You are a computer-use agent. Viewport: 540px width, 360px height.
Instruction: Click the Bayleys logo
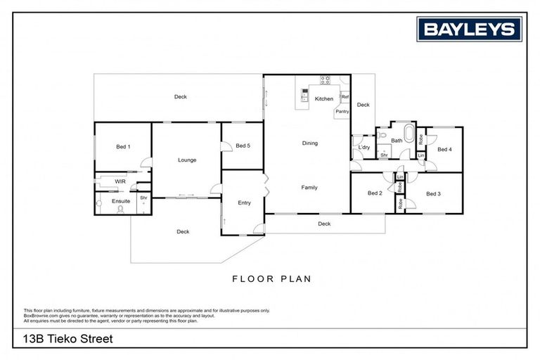(x=470, y=30)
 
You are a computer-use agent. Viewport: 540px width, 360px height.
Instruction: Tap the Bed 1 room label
(x=123, y=146)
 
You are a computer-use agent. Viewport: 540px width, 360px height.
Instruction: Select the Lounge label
(x=187, y=160)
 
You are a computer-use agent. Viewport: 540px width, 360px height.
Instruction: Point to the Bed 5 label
(x=243, y=146)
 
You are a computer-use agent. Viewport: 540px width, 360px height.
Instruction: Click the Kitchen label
(x=324, y=99)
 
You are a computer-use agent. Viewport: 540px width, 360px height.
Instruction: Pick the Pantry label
(x=342, y=111)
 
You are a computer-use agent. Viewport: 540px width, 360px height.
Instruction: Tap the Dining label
(x=310, y=143)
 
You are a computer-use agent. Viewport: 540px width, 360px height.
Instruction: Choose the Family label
(x=309, y=188)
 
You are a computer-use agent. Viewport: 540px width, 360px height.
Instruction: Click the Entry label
(x=244, y=203)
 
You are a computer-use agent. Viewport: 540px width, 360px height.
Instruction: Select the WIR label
(x=120, y=181)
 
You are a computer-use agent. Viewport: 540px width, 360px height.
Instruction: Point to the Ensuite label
(x=121, y=202)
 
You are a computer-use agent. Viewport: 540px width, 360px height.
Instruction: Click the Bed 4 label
(x=444, y=149)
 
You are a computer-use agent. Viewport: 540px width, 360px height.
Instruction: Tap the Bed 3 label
(x=434, y=193)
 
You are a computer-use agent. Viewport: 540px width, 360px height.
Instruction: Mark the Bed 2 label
(x=375, y=193)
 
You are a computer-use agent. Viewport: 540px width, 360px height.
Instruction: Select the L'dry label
(x=364, y=148)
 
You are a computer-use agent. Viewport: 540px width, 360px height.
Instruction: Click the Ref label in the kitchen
(x=345, y=97)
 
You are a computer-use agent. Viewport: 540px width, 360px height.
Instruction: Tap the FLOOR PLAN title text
(x=271, y=278)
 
